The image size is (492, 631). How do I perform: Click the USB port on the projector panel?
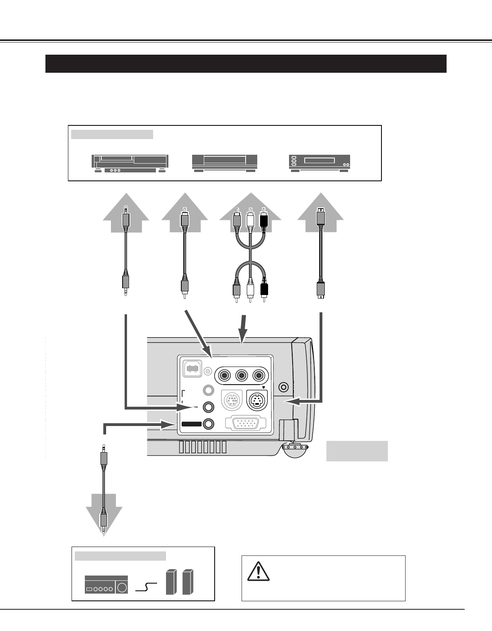pos(193,368)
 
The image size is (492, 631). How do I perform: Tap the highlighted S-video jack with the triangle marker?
pos(258,400)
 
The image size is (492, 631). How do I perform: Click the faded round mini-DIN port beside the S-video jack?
pos(231,400)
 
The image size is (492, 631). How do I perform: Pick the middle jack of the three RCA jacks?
pos(241,376)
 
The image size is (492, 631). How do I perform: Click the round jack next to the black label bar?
pos(209,424)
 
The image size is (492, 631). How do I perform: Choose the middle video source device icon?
pos(224,163)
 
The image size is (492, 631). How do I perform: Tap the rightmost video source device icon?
pos(320,163)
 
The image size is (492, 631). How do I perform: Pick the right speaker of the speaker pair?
pos(188,582)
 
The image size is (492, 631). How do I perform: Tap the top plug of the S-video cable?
pos(320,217)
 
